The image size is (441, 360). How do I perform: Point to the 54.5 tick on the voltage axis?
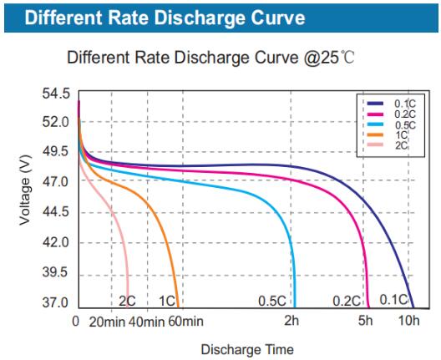(x=55, y=94)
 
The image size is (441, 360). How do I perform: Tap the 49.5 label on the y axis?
(x=55, y=152)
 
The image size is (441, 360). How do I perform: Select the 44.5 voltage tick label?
(x=55, y=213)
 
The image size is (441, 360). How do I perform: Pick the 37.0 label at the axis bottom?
(x=55, y=302)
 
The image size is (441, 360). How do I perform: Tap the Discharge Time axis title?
(x=246, y=348)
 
